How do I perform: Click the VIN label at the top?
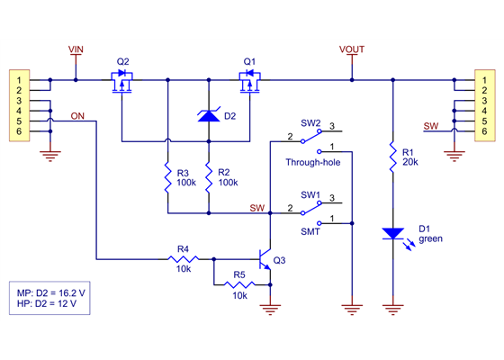(x=76, y=49)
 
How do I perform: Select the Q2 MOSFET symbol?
(x=123, y=85)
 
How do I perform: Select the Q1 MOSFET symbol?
(x=249, y=85)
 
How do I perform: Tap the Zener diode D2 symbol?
(x=209, y=115)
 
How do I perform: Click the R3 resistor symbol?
(x=167, y=178)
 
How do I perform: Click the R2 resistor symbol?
(x=209, y=178)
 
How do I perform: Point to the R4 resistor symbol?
(x=183, y=260)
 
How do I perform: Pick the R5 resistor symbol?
(x=239, y=284)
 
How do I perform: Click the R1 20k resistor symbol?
(x=392, y=157)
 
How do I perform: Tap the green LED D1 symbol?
(x=392, y=234)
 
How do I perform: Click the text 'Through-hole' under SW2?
(x=312, y=162)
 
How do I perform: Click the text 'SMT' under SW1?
(x=310, y=231)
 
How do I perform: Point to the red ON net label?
(x=78, y=115)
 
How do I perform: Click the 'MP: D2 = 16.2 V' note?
(x=51, y=293)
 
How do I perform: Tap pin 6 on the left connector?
(x=18, y=131)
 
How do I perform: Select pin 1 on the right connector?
(x=484, y=81)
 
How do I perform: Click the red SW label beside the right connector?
(x=431, y=125)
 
